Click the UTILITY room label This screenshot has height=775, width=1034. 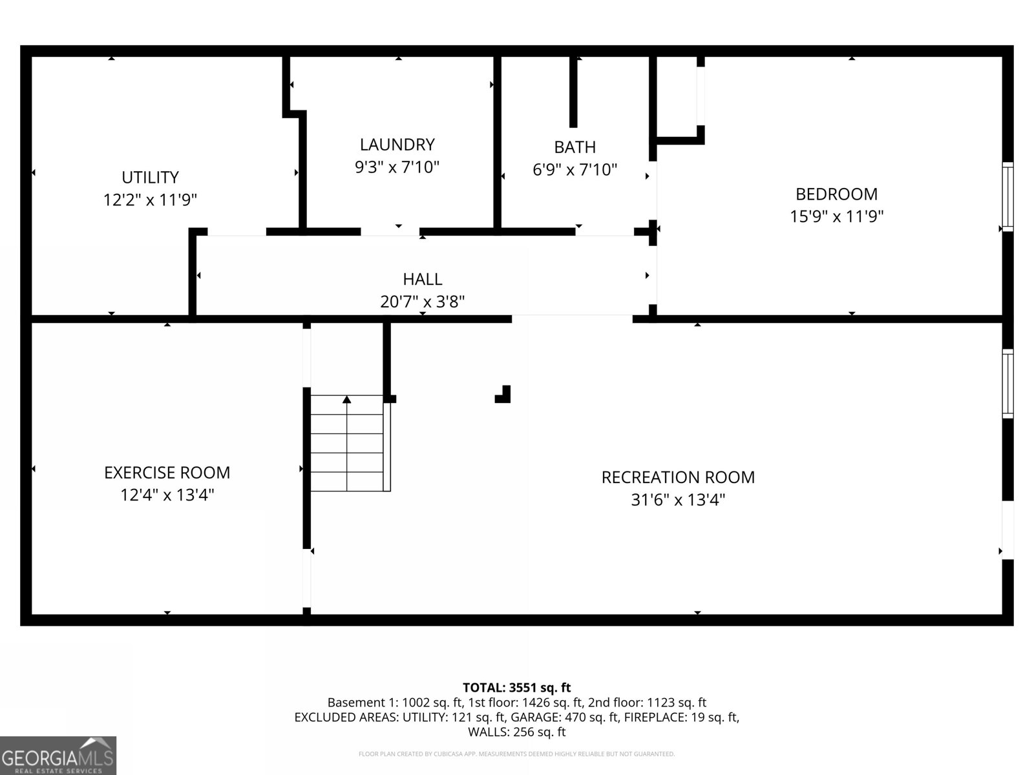pyautogui.click(x=150, y=177)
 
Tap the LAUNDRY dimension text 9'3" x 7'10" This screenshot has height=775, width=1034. pyautogui.click(x=397, y=167)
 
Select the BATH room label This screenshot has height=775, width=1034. pyautogui.click(x=575, y=147)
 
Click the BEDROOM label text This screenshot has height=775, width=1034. pyautogui.click(x=836, y=194)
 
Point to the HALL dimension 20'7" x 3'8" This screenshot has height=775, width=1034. pyautogui.click(x=423, y=302)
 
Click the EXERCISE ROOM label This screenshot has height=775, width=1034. pyautogui.click(x=167, y=473)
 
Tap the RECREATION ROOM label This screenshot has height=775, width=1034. pyautogui.click(x=678, y=477)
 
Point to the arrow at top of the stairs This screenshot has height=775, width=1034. pyautogui.click(x=347, y=400)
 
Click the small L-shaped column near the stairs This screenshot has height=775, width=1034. pyautogui.click(x=504, y=395)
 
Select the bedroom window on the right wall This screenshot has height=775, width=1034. pyautogui.click(x=1007, y=196)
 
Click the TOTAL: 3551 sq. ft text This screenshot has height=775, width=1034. pyautogui.click(x=516, y=688)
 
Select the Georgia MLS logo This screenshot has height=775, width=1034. pyautogui.click(x=58, y=756)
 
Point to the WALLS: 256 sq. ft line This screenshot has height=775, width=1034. pyautogui.click(x=516, y=732)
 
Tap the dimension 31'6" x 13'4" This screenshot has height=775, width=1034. pyautogui.click(x=678, y=500)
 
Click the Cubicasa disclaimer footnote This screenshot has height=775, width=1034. pyautogui.click(x=516, y=754)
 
